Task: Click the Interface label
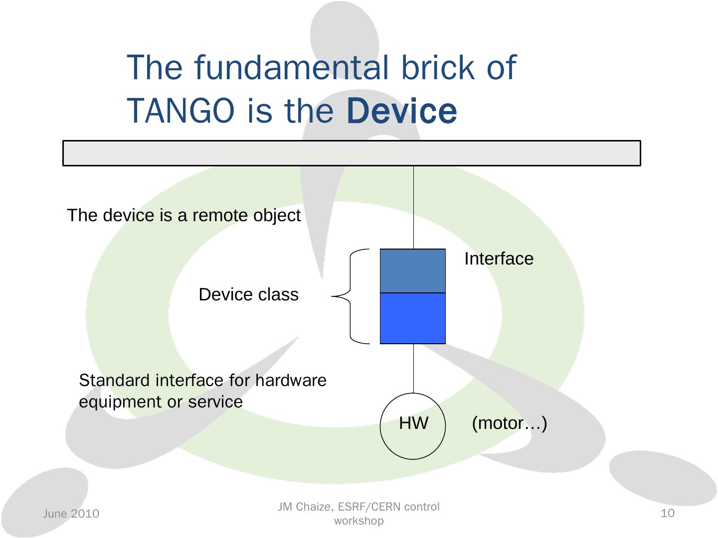[x=499, y=259]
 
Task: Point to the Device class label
[x=248, y=295]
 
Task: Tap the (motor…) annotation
[x=509, y=423]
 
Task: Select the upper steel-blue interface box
[x=413, y=271]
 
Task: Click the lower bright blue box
[x=413, y=318]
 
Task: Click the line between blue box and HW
[x=413, y=369]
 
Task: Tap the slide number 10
[x=667, y=513]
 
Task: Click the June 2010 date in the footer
[x=71, y=514]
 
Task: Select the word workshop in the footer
[x=359, y=521]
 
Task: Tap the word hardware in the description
[x=291, y=381]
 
